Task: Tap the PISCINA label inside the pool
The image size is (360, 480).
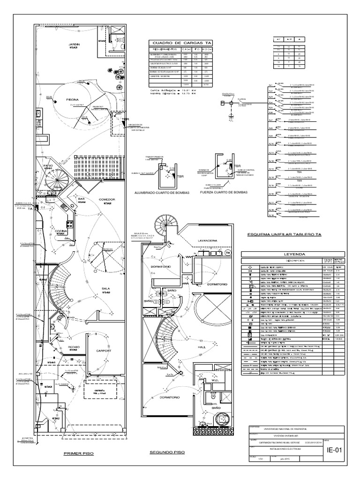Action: pos(61,100)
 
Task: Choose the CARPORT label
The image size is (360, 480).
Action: pos(104,350)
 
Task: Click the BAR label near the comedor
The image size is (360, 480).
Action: pos(81,199)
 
